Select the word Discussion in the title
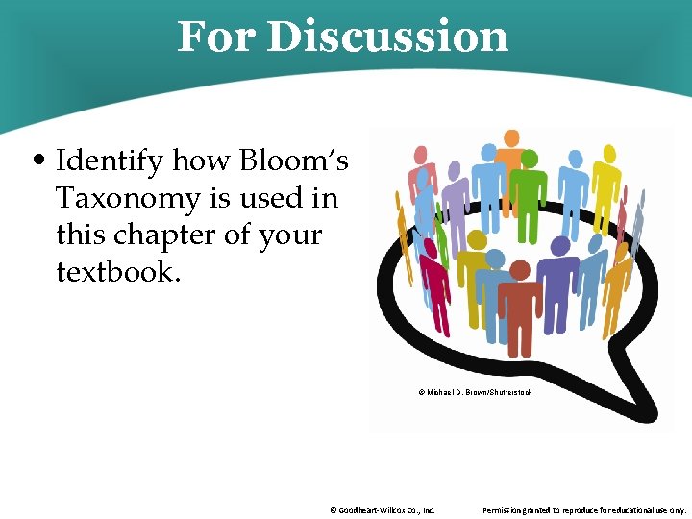(387, 37)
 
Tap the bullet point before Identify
(39, 161)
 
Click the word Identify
(109, 161)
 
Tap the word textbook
(118, 271)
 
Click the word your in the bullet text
(286, 235)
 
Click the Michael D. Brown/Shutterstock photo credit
(475, 392)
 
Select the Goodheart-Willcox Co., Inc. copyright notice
(382, 510)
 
